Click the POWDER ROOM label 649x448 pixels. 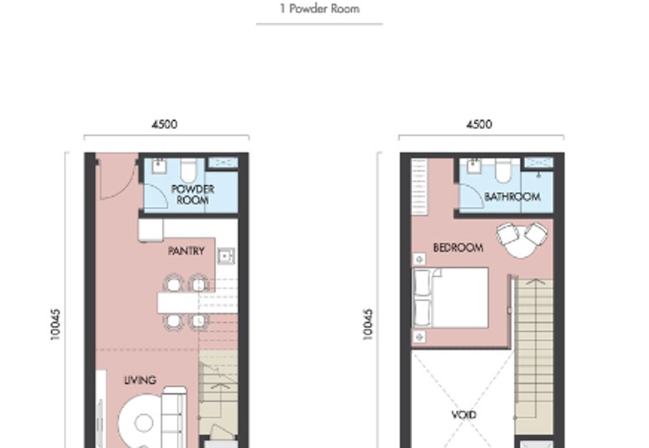(192, 195)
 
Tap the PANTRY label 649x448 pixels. (187, 251)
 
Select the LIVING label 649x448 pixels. (140, 380)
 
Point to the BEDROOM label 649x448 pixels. (458, 248)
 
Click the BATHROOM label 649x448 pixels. (513, 196)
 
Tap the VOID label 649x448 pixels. (464, 415)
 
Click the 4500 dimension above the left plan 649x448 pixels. (165, 124)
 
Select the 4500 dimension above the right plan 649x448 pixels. (479, 124)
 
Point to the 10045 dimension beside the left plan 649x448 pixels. (55, 325)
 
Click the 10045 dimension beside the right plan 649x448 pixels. (368, 325)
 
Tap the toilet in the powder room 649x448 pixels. (188, 170)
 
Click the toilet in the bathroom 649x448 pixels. (503, 170)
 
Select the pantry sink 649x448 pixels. (226, 256)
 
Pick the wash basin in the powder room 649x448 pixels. (159, 166)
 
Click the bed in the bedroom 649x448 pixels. (450, 298)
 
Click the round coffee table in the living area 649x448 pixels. (144, 423)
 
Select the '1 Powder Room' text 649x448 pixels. (320, 9)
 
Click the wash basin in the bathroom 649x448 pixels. (474, 166)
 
